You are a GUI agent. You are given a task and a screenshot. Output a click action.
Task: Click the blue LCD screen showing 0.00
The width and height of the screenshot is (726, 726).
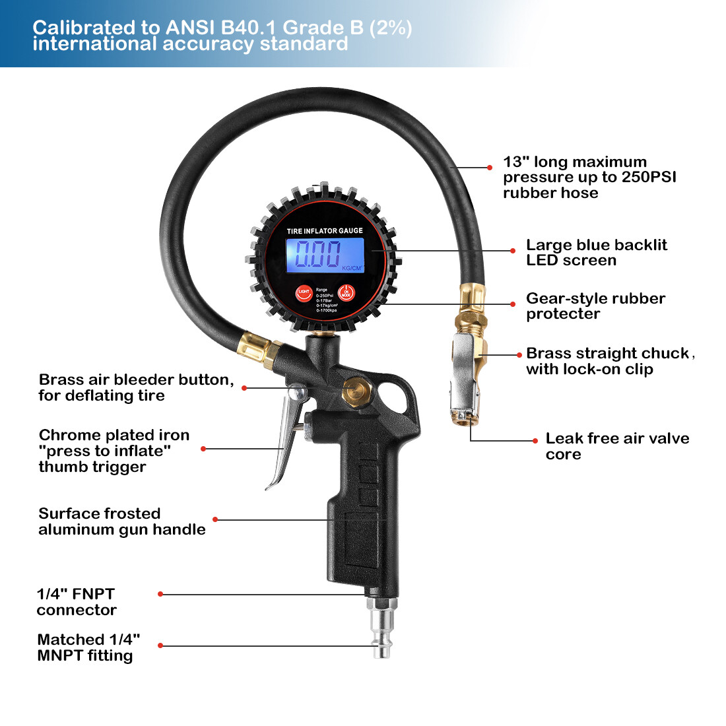coord(324,255)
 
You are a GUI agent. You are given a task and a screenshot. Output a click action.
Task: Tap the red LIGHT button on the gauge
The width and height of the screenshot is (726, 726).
coord(304,292)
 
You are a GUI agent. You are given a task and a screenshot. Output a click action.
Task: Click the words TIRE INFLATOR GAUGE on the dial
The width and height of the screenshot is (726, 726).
coord(325,231)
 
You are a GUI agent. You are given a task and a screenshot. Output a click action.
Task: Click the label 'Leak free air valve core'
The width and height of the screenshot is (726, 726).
coord(616,446)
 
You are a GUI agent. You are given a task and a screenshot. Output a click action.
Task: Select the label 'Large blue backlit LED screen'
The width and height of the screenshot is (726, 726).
coord(596,253)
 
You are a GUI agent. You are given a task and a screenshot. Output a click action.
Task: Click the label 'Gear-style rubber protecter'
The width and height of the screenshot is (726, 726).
coord(595,306)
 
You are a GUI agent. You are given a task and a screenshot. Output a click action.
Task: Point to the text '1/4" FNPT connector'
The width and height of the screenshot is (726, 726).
coord(77,602)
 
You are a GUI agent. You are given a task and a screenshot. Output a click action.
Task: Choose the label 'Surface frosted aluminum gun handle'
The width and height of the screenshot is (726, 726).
coord(121,521)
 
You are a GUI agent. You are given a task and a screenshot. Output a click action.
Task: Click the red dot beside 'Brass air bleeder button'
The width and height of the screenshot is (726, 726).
coord(244,388)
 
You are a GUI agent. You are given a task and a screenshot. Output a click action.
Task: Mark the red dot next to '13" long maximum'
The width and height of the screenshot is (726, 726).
coord(489,168)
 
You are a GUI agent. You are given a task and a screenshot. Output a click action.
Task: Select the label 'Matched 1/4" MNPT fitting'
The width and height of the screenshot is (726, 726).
coord(88,647)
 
